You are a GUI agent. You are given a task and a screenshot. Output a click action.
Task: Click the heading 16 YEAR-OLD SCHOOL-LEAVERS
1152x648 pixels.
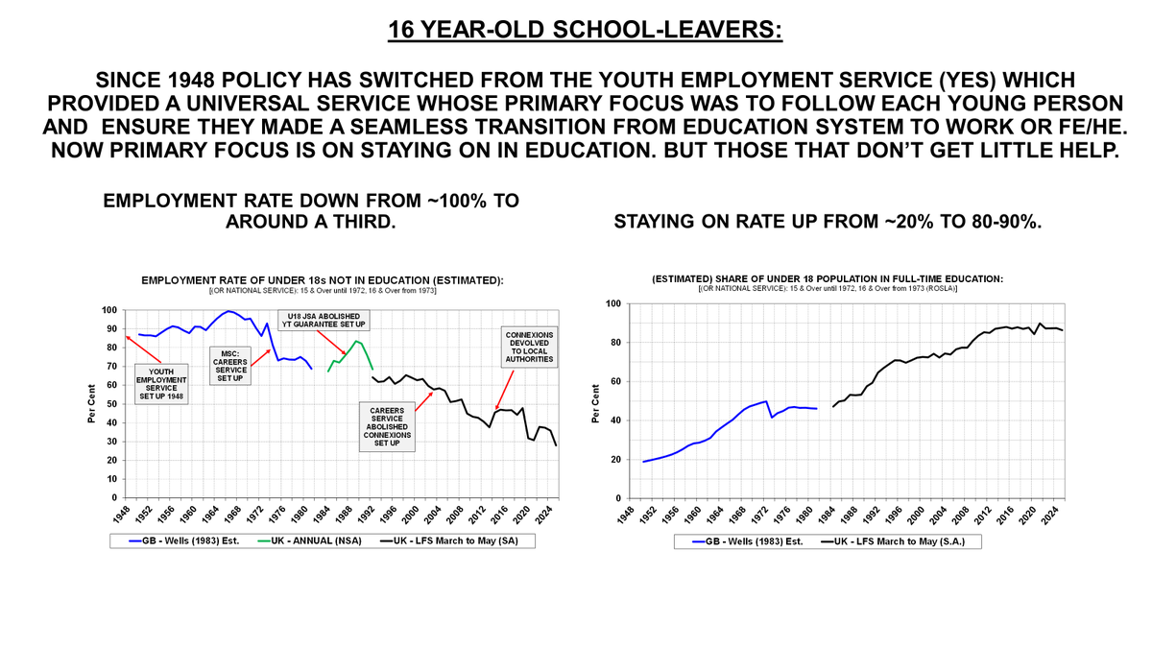click(585, 29)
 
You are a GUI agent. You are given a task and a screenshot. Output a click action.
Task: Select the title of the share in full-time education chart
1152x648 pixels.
click(828, 278)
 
